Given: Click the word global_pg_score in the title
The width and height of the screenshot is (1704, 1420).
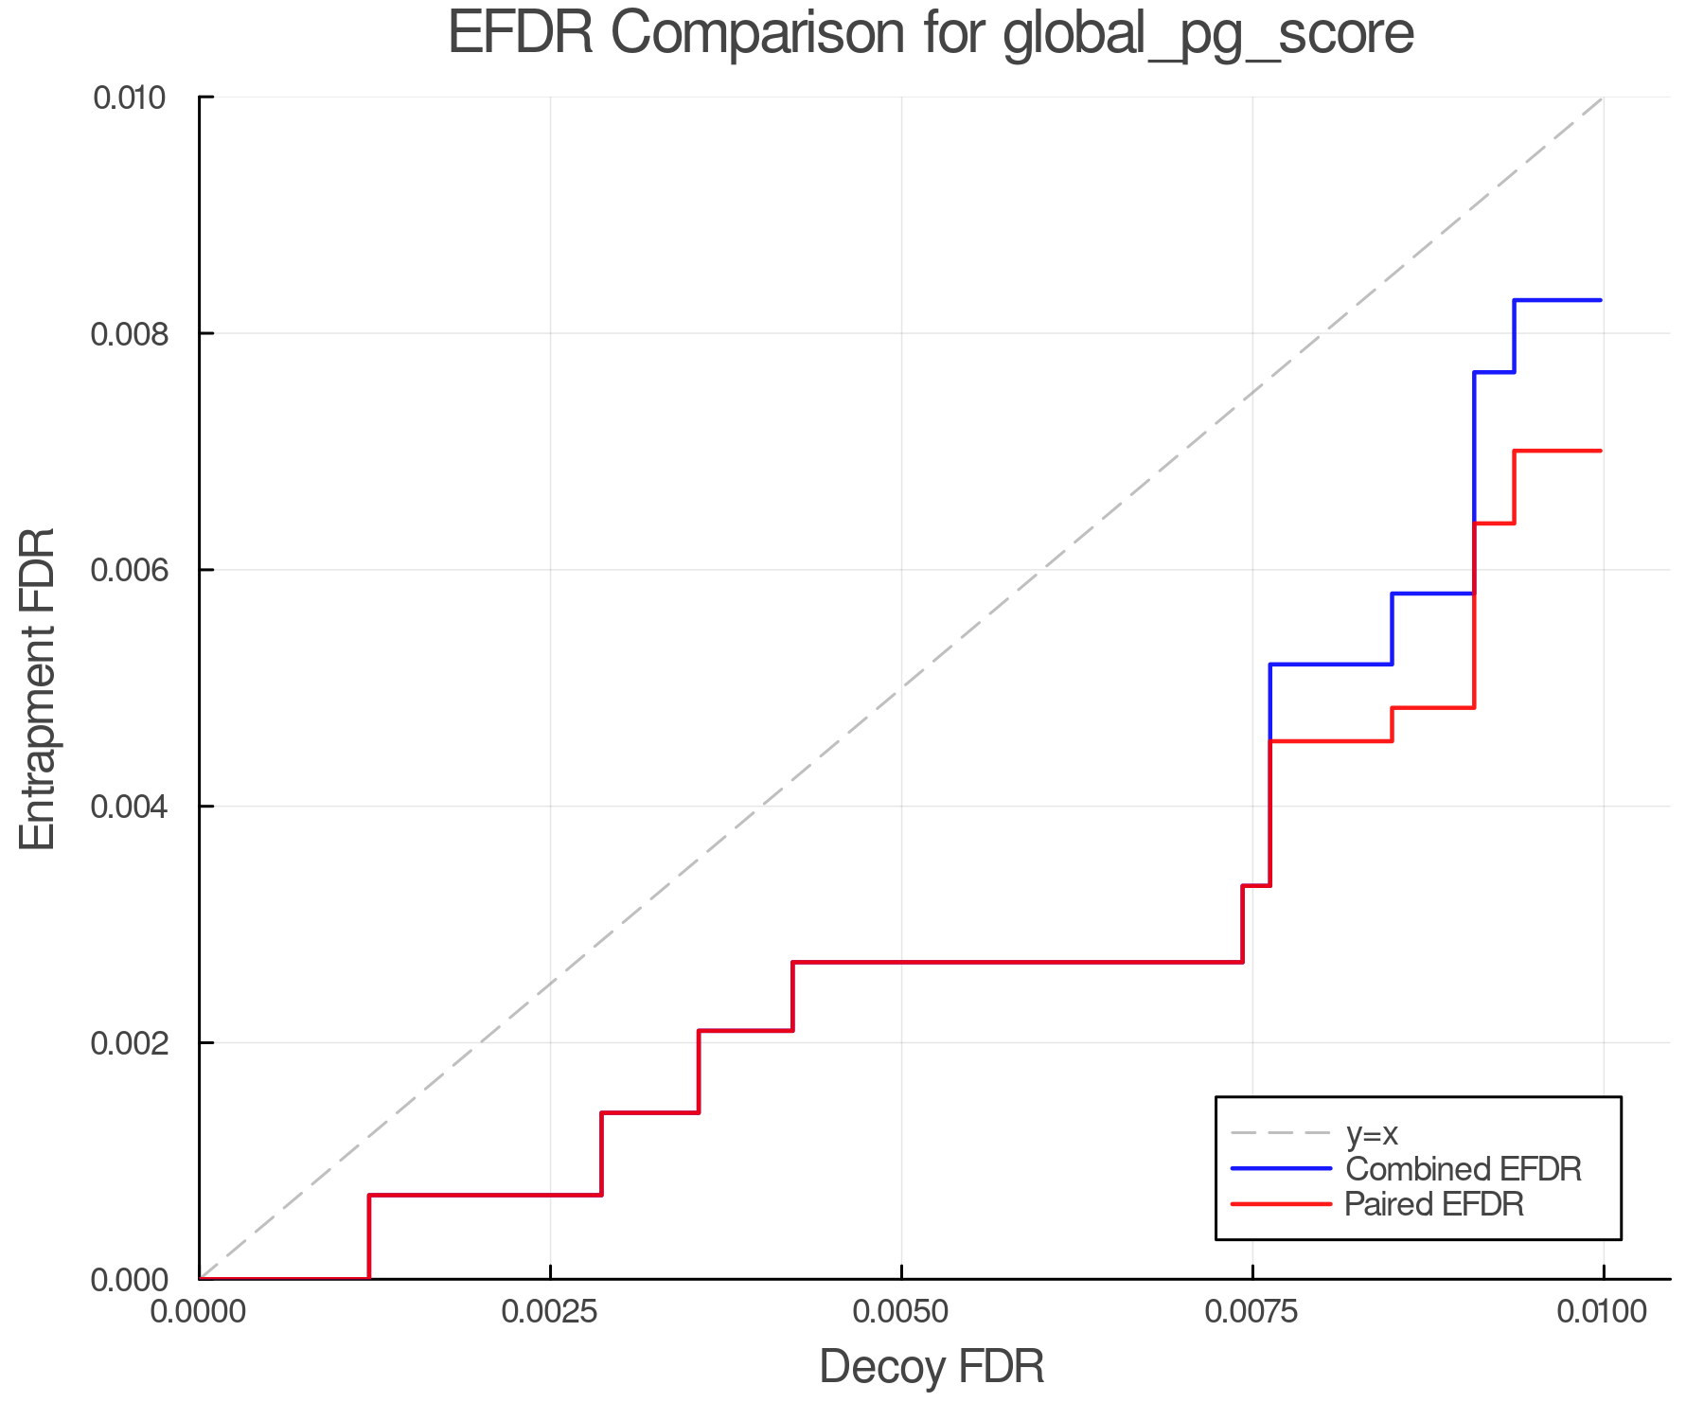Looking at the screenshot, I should coord(1208,33).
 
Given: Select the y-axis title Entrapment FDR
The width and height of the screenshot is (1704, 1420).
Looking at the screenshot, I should coord(38,688).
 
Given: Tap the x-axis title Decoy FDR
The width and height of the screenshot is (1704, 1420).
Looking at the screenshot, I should coord(932,1366).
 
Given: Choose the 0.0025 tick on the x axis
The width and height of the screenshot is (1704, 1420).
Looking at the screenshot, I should coord(550,1312).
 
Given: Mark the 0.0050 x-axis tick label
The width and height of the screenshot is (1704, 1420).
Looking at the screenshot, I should coord(901,1312).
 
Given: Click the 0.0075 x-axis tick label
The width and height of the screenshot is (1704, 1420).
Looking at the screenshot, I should coord(1252,1312).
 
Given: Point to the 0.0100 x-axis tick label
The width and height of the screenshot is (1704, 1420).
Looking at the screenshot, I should coord(1603,1312).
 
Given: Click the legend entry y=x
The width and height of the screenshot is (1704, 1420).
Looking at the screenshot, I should coord(1372,1133).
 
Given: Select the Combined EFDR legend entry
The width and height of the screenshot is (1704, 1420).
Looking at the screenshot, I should coord(1463,1169).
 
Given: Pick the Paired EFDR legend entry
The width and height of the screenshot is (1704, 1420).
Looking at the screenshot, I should coord(1434,1204).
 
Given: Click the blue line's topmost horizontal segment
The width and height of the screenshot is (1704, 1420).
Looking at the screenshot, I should coord(1557,300).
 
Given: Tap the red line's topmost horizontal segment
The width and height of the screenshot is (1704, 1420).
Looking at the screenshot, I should coord(1557,451).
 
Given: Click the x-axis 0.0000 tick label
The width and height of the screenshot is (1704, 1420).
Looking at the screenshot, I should coord(199,1312).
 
